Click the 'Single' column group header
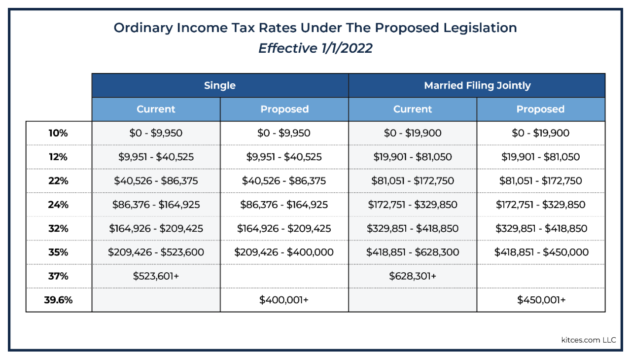(220, 85)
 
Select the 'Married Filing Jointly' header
(477, 85)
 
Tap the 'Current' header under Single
(156, 109)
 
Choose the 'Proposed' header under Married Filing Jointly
(540, 109)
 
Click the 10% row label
(58, 133)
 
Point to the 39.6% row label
(58, 300)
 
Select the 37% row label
(58, 276)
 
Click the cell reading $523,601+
(156, 276)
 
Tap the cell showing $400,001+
(284, 300)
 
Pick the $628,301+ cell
(413, 276)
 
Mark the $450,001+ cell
(541, 300)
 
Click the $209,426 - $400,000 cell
(284, 252)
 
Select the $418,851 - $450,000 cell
(541, 252)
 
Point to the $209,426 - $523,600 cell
(156, 252)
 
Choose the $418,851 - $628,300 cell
(413, 252)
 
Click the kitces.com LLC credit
(589, 340)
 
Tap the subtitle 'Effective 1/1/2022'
(315, 48)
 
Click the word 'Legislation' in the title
(480, 28)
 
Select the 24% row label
(58, 205)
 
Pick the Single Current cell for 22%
(156, 180)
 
